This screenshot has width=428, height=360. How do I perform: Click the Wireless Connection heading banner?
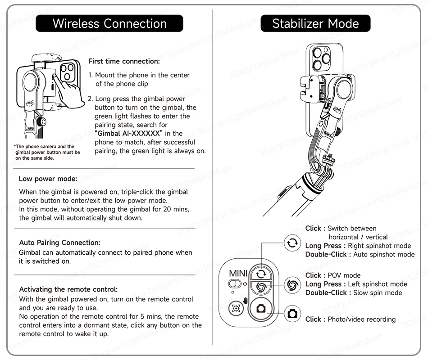pyautogui.click(x=109, y=23)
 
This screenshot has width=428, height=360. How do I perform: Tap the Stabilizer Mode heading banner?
pyautogui.click(x=315, y=23)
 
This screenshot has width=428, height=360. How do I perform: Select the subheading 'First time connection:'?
pyautogui.click(x=124, y=61)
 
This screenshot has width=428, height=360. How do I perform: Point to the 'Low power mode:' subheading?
pyautogui.click(x=48, y=179)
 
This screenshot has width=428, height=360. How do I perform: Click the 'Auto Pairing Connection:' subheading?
pyautogui.click(x=59, y=243)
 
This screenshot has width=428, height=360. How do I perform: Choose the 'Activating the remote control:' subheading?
pyautogui.click(x=68, y=289)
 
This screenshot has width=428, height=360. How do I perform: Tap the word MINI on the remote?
pyautogui.click(x=238, y=273)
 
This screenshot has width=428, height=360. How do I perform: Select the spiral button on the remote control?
pyautogui.click(x=260, y=287)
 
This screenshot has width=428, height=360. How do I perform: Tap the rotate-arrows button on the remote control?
pyautogui.click(x=260, y=273)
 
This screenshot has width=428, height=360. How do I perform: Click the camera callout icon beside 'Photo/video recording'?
pyautogui.click(x=292, y=313)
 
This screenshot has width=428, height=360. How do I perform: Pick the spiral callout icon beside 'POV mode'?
pyautogui.click(x=292, y=284)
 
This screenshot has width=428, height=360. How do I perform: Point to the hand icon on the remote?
pyautogui.click(x=246, y=300)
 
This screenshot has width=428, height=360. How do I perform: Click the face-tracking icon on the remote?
pyautogui.click(x=236, y=309)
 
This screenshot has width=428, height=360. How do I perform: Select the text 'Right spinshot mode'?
pyautogui.click(x=379, y=246)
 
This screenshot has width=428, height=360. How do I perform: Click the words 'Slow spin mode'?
pyautogui.click(x=378, y=292)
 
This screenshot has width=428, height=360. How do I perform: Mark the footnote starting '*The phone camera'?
pyautogui.click(x=47, y=152)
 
